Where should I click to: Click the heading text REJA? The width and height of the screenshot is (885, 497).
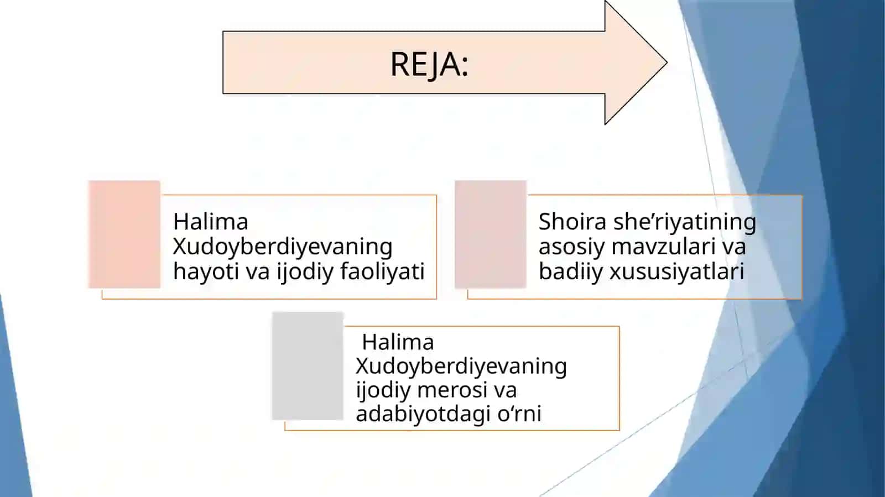click(429, 64)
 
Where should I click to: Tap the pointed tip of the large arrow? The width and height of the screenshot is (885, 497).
click(667, 62)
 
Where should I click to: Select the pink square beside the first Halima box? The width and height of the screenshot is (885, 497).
click(124, 234)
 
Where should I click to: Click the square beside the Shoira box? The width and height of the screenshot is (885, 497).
click(490, 234)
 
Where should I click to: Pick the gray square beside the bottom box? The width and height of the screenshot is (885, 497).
click(308, 366)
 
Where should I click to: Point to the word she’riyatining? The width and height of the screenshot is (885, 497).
click(685, 222)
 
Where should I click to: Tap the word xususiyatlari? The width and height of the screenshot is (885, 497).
click(677, 271)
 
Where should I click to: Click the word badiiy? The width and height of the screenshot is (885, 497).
click(570, 271)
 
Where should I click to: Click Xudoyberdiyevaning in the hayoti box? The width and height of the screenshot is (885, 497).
click(283, 247)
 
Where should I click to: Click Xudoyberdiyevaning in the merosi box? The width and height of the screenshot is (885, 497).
click(461, 367)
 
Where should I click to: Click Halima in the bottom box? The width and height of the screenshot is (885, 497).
click(398, 342)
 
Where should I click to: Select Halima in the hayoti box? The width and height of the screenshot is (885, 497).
click(211, 222)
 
